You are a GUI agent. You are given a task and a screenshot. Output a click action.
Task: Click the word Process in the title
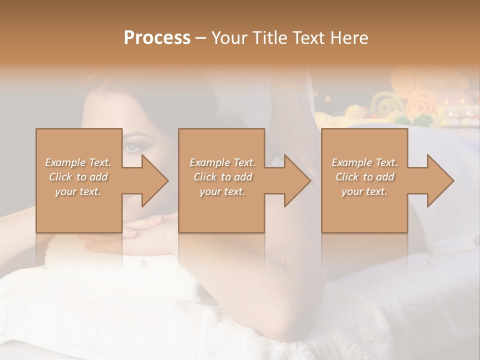coord(157,38)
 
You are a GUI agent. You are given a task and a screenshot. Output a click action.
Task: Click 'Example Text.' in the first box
coord(78,162)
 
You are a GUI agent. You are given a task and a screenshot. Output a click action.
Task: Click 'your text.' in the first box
coord(78,192)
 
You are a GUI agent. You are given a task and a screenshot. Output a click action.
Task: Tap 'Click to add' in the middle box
coord(222,177)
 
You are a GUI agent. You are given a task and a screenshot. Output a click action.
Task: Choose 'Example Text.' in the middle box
coord(222,162)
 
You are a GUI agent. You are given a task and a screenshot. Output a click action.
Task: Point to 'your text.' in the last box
coord(364,192)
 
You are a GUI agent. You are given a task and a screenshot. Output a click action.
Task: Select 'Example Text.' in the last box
coord(364,162)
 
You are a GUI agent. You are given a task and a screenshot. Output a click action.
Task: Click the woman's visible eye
coord(131,146)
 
